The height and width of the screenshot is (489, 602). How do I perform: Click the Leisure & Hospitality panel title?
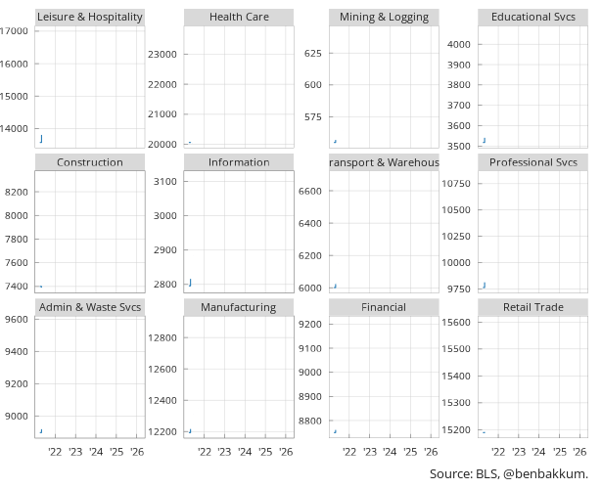point(89,17)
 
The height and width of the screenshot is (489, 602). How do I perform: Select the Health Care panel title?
point(239,17)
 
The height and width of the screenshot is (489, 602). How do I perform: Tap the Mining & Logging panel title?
point(384,17)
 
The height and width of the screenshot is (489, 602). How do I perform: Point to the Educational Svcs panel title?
point(533,17)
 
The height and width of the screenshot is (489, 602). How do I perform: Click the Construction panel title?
point(90,162)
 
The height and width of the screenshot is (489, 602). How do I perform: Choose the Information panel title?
point(239,162)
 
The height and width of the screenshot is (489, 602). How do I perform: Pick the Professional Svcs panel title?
point(533,162)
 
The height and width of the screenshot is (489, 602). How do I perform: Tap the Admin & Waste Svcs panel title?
point(90,307)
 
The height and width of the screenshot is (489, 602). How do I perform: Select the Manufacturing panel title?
point(239,307)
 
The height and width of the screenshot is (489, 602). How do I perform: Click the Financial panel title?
point(384,307)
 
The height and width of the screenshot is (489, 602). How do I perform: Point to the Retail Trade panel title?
point(533,307)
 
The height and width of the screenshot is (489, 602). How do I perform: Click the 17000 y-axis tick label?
point(14,31)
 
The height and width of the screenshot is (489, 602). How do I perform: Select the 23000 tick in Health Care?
point(162,54)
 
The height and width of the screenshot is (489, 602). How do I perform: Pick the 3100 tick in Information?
point(164,182)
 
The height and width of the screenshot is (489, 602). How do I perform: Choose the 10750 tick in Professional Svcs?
point(457,184)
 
